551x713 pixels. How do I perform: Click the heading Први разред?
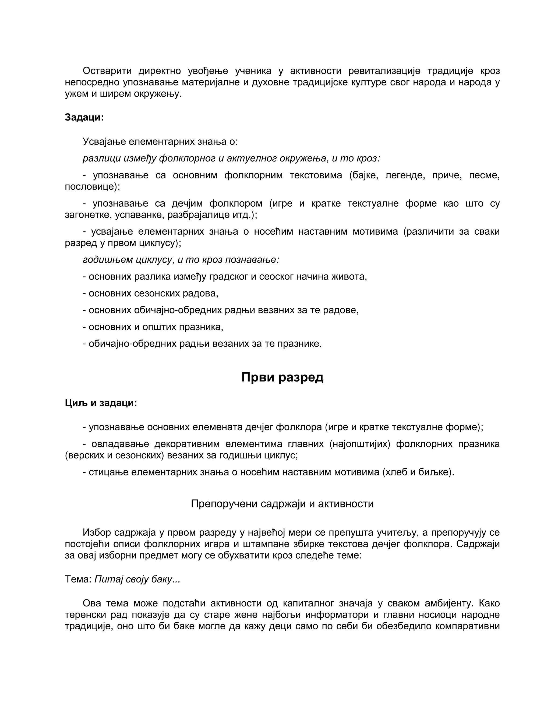pyautogui.click(x=282, y=377)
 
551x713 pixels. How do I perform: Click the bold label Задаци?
pyautogui.click(x=84, y=117)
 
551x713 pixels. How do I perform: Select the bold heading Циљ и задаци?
pyautogui.click(x=101, y=403)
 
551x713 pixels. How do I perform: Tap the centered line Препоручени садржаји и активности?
pyautogui.click(x=282, y=504)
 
